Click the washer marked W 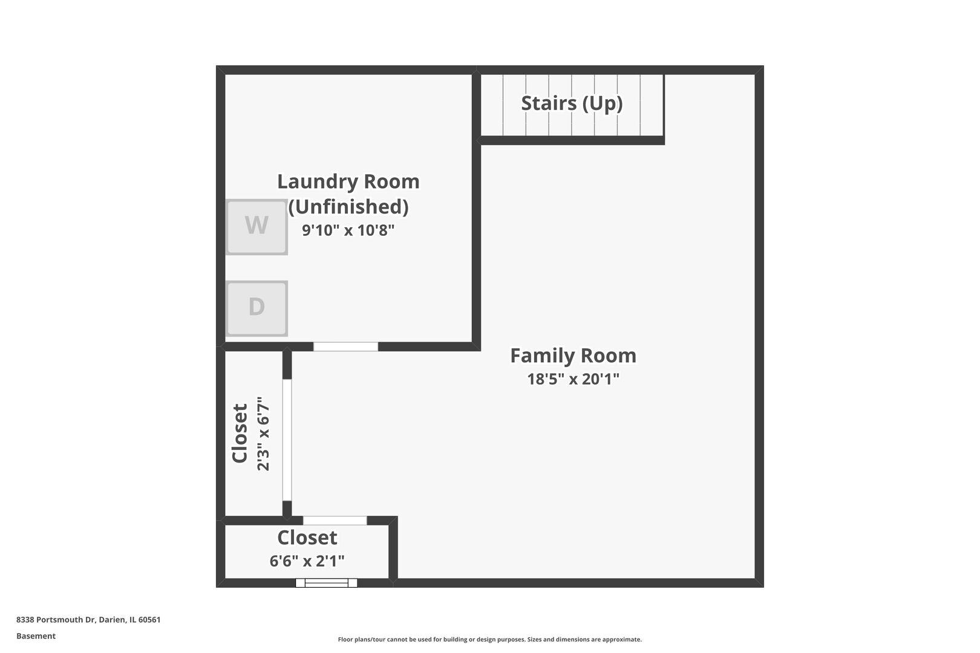[x=256, y=227]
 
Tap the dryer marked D [x=256, y=308]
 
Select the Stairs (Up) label [x=572, y=103]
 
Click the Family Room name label [x=573, y=356]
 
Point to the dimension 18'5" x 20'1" [x=573, y=379]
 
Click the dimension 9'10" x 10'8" [x=348, y=230]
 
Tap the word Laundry [x=314, y=181]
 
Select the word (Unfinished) [x=348, y=207]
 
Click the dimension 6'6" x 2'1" [x=307, y=561]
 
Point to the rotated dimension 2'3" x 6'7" [x=263, y=434]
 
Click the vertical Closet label [x=240, y=434]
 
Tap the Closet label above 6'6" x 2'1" [x=307, y=538]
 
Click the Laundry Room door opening [x=345, y=346]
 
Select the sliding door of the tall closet [x=287, y=440]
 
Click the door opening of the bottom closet [x=335, y=521]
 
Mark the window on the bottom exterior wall [x=326, y=583]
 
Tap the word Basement [x=36, y=636]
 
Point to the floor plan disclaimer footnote [x=489, y=639]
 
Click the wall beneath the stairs [x=572, y=140]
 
